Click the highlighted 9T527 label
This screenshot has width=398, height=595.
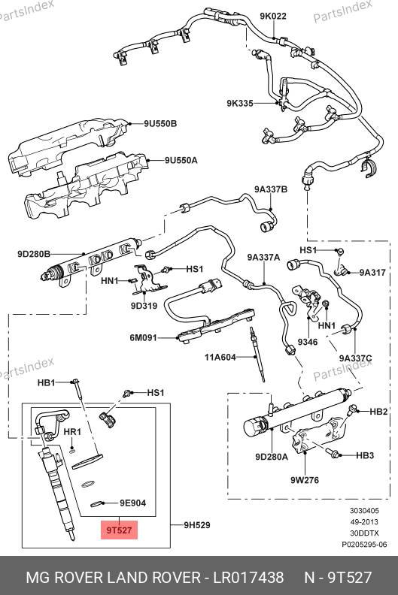click(x=119, y=530)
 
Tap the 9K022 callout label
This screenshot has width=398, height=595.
click(x=273, y=16)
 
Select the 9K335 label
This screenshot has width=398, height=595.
click(x=240, y=103)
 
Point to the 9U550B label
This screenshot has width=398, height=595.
click(x=160, y=124)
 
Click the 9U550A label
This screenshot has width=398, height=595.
click(x=181, y=161)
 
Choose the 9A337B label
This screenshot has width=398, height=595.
click(x=271, y=189)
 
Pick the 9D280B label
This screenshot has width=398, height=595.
click(x=34, y=254)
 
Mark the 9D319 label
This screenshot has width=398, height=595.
click(x=144, y=306)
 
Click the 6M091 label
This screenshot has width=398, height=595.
click(x=143, y=337)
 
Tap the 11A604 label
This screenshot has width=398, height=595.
click(x=220, y=357)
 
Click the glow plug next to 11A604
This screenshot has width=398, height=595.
click(x=257, y=354)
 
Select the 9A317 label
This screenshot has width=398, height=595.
click(x=372, y=273)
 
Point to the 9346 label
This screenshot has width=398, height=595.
click(x=308, y=343)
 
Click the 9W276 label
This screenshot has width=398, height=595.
click(x=305, y=480)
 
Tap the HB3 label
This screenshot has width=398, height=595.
click(x=365, y=455)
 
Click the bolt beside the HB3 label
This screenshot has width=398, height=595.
click(x=332, y=453)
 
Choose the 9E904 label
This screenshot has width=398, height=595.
click(x=132, y=503)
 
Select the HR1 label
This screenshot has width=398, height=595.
click(x=72, y=432)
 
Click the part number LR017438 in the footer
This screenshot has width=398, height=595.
click(x=248, y=578)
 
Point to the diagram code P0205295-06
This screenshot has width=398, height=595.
click(x=364, y=545)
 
